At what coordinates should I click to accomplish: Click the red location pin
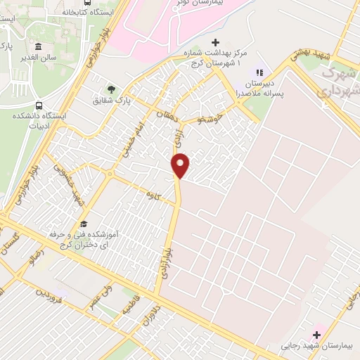point(181,165)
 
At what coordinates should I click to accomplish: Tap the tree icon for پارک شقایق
point(111,89)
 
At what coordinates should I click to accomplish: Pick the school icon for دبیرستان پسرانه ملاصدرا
point(259,72)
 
